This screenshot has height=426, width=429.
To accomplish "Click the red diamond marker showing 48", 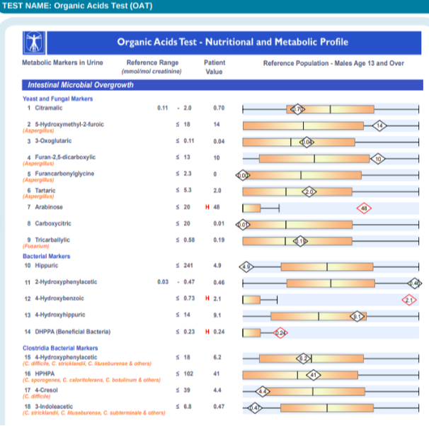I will coord(365,208).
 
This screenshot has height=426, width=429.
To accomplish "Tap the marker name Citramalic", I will coord(48,108).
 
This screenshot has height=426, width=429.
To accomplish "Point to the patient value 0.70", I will coord(218,108).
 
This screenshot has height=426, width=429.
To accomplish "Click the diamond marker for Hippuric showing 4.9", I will coord(246,267).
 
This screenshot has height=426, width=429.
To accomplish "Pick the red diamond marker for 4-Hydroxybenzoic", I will coord(409,300).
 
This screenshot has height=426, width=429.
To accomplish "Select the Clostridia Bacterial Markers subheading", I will coord(60,348).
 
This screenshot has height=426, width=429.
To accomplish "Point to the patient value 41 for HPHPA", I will coord(217,373).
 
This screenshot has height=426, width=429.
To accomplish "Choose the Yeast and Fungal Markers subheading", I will coord(53,99).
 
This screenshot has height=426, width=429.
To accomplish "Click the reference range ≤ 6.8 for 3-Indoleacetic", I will coord(183,406).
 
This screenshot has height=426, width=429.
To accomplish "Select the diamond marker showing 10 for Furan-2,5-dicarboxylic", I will coord(377,158).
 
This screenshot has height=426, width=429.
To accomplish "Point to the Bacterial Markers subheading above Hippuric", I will coord(47,256).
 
